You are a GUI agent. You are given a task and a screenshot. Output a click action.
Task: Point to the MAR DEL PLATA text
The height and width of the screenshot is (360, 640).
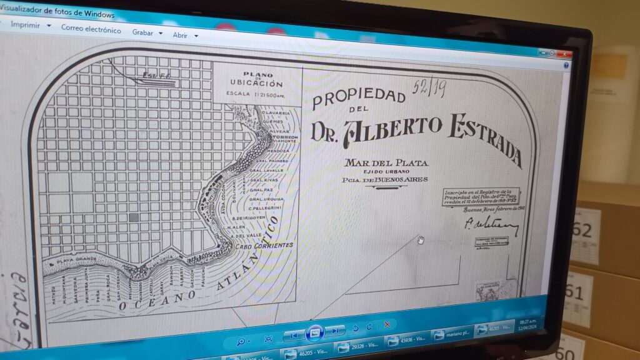coord(387,163)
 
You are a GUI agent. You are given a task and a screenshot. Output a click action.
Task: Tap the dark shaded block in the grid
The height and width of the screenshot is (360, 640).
coord(133,217)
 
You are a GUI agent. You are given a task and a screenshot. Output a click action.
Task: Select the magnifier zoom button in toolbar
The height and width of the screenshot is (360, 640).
coord(241,341)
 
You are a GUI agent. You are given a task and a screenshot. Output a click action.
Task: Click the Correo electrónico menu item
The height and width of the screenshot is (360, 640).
coord(91,29)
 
